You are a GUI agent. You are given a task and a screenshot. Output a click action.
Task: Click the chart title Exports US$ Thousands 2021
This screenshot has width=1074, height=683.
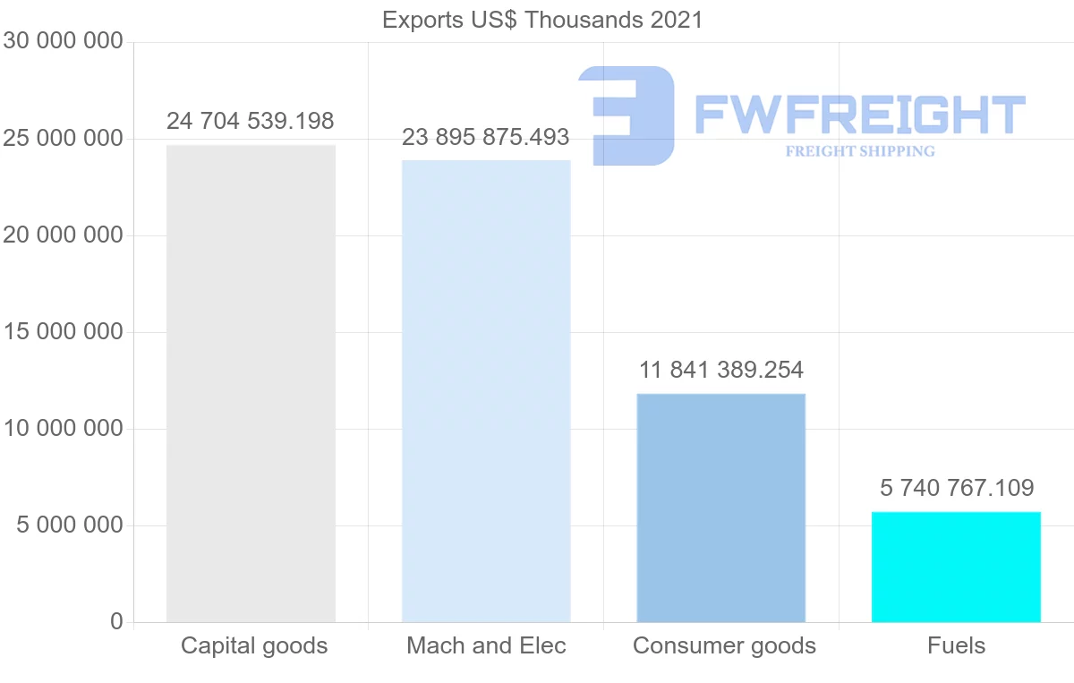pyautogui.click(x=542, y=21)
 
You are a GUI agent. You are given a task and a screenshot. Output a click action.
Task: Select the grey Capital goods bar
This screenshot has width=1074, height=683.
pyautogui.click(x=251, y=384)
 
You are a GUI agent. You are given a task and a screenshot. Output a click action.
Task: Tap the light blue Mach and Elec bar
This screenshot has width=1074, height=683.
pyautogui.click(x=486, y=391)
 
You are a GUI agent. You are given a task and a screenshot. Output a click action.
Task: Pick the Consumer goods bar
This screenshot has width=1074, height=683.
pyautogui.click(x=721, y=508)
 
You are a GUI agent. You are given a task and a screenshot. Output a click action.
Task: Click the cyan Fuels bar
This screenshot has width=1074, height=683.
pyautogui.click(x=956, y=567)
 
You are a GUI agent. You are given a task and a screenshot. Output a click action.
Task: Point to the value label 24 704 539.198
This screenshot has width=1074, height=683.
pyautogui.click(x=250, y=121)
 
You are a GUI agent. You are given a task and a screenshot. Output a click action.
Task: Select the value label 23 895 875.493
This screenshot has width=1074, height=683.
pyautogui.click(x=485, y=137)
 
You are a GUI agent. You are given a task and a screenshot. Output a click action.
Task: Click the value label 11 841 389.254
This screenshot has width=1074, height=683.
pyautogui.click(x=721, y=370)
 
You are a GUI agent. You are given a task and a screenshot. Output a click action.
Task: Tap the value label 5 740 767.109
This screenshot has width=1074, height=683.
pyautogui.click(x=957, y=488)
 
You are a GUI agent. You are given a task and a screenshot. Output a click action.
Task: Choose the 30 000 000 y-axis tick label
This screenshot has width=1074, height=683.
pyautogui.click(x=63, y=41)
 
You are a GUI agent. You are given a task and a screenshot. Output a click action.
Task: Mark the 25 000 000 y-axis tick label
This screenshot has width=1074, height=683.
pyautogui.click(x=63, y=139)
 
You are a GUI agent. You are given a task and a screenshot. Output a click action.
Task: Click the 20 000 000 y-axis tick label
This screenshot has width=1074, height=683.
pyautogui.click(x=63, y=235)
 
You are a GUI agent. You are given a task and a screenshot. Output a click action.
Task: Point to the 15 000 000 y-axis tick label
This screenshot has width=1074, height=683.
pyautogui.click(x=63, y=332)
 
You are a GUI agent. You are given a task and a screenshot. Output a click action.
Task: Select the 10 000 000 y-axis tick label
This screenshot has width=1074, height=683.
pyautogui.click(x=63, y=428)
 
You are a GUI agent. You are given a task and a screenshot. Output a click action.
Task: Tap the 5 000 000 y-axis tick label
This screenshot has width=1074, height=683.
pyautogui.click(x=70, y=525)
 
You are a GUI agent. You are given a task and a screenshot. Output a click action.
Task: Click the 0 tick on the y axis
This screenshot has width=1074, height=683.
pyautogui.click(x=116, y=621)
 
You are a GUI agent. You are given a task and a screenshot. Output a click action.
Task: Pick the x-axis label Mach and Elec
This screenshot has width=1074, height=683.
pyautogui.click(x=486, y=645)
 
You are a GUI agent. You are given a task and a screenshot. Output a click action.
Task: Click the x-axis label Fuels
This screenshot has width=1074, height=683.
pyautogui.click(x=956, y=645)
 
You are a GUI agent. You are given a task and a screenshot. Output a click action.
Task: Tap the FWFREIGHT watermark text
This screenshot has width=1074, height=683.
pyautogui.click(x=860, y=115)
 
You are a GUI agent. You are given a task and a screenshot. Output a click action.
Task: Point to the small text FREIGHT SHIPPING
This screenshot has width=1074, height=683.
pyautogui.click(x=860, y=151)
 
